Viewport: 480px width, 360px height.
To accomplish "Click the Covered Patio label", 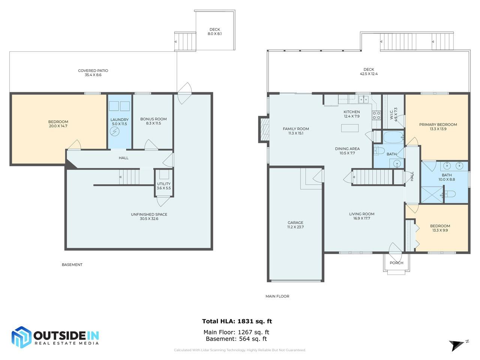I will [x=93, y=70].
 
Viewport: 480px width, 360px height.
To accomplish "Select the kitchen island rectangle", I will [x=349, y=128].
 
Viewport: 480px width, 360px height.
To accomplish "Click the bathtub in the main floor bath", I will [x=393, y=137].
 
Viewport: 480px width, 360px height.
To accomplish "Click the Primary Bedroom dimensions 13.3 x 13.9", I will [x=438, y=129].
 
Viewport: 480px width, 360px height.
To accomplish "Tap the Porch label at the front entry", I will [x=396, y=263].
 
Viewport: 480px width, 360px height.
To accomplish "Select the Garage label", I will [x=295, y=222].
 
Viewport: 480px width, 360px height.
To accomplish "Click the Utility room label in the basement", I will [x=163, y=184].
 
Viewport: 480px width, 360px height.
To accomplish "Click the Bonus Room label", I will [x=153, y=119].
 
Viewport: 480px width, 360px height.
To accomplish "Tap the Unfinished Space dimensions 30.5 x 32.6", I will [x=149, y=219].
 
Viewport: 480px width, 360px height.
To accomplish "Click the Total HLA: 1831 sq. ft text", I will [x=237, y=321].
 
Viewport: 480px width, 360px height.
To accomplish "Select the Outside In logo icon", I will [x=21, y=337].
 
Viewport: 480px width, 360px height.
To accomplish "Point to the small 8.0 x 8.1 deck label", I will [x=214, y=34].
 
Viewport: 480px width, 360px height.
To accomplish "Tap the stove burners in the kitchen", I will [x=376, y=115].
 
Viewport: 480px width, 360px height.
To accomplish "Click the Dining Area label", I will [x=347, y=148].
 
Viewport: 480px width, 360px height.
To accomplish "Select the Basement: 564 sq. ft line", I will [x=236, y=339].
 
